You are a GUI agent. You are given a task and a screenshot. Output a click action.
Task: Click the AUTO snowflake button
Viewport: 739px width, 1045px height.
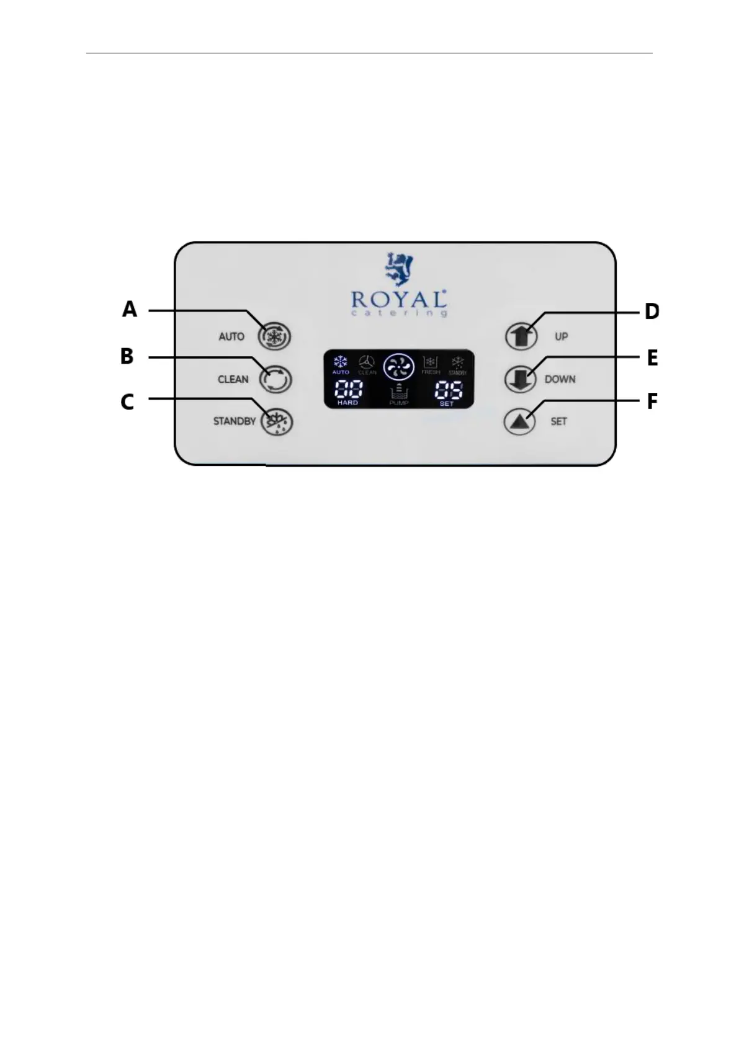274,336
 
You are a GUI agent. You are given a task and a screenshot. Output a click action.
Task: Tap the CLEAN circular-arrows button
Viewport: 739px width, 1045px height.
274,379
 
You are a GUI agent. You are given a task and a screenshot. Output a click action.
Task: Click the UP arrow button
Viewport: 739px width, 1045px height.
521,336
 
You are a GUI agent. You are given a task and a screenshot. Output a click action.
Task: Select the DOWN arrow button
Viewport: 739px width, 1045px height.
521,379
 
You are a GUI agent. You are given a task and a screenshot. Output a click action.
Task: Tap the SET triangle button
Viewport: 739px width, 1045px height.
519,421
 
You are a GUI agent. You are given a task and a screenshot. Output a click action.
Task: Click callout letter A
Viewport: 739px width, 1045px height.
129,309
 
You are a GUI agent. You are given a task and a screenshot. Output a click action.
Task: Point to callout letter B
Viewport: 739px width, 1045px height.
127,356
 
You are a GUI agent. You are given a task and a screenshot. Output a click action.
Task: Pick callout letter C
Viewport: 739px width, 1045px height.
127,401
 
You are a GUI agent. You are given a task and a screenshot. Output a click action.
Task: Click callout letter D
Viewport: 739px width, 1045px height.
652,311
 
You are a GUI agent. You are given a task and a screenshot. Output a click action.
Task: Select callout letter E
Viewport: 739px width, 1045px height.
652,358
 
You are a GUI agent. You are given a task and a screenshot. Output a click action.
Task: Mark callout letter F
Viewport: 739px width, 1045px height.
652,401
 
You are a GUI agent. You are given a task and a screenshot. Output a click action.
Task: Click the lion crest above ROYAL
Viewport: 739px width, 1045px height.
398,268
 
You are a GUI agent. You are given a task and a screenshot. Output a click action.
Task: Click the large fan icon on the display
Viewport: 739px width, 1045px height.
398,367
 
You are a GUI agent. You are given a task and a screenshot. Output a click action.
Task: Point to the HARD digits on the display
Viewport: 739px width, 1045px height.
348,390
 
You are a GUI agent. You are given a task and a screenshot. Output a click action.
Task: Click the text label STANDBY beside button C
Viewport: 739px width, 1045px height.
234,421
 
